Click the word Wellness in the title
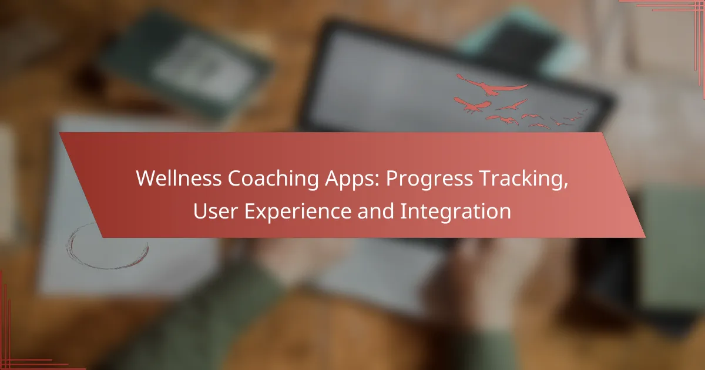tap(179, 179)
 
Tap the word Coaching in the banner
tap(273, 179)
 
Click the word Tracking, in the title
tap(523, 179)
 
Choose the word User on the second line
tap(215, 211)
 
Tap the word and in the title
tap(376, 211)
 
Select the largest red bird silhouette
tap(492, 86)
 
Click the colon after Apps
tap(377, 181)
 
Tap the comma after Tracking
tap(566, 186)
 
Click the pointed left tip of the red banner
tap(59, 133)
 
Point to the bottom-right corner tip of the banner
tap(645, 237)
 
